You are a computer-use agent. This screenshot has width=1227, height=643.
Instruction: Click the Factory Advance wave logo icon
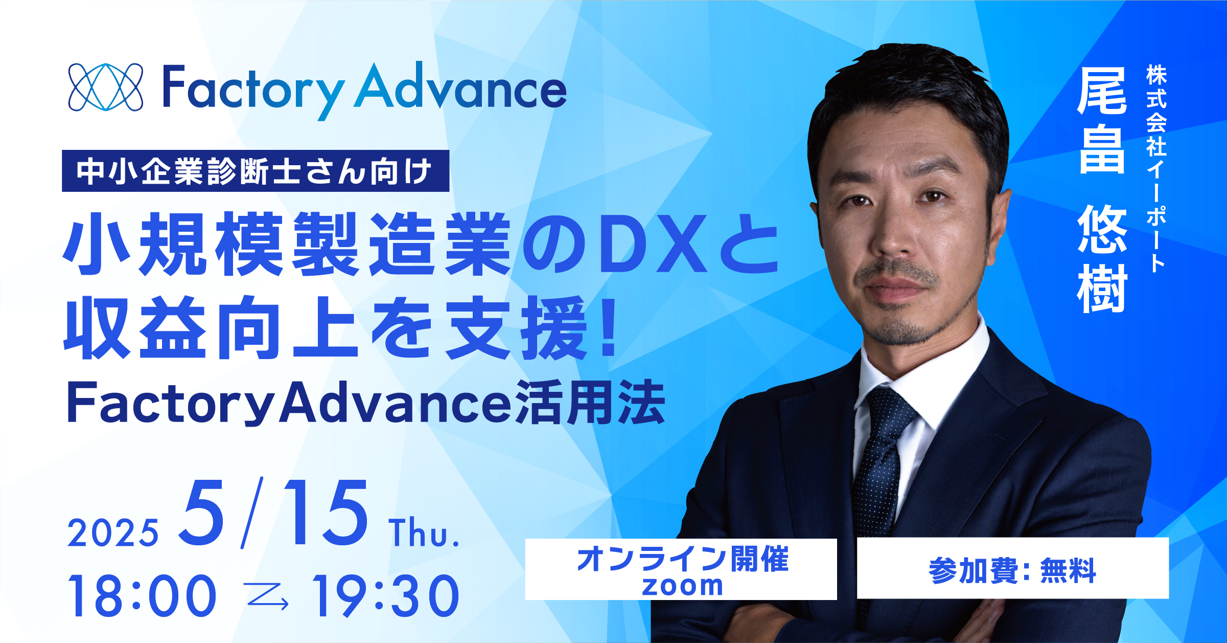pyautogui.click(x=106, y=87)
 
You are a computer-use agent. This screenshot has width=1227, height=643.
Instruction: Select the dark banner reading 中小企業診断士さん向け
pyautogui.click(x=256, y=171)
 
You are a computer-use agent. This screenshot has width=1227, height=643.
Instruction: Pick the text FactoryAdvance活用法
pyautogui.click(x=366, y=403)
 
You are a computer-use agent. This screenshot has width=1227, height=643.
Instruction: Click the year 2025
pyautogui.click(x=113, y=533)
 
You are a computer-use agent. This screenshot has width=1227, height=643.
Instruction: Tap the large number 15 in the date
pyautogui.click(x=325, y=513)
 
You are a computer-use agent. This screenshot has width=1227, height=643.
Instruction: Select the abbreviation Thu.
pyautogui.click(x=424, y=533)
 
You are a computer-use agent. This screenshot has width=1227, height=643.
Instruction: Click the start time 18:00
pyautogui.click(x=142, y=595)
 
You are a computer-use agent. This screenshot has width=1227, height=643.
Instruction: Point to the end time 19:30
pyautogui.click(x=386, y=595)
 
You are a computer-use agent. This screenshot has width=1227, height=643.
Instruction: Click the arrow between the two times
pyautogui.click(x=266, y=596)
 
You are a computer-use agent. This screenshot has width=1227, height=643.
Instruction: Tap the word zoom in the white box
pyautogui.click(x=682, y=586)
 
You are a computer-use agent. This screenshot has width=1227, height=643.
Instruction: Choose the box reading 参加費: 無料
pyautogui.click(x=1012, y=568)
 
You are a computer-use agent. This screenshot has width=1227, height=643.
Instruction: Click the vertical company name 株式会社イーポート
pyautogui.click(x=1156, y=168)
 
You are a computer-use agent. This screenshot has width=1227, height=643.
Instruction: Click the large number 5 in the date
pyautogui.click(x=202, y=513)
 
